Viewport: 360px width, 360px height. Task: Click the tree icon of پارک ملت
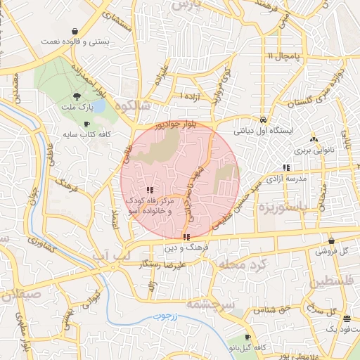tap(76, 97)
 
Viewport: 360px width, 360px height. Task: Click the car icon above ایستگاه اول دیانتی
tap(262, 120)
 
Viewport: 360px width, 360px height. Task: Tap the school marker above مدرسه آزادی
tap(286, 167)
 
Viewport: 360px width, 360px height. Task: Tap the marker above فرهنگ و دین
tap(185, 237)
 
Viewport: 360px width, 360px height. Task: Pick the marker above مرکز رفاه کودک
tap(149, 190)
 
